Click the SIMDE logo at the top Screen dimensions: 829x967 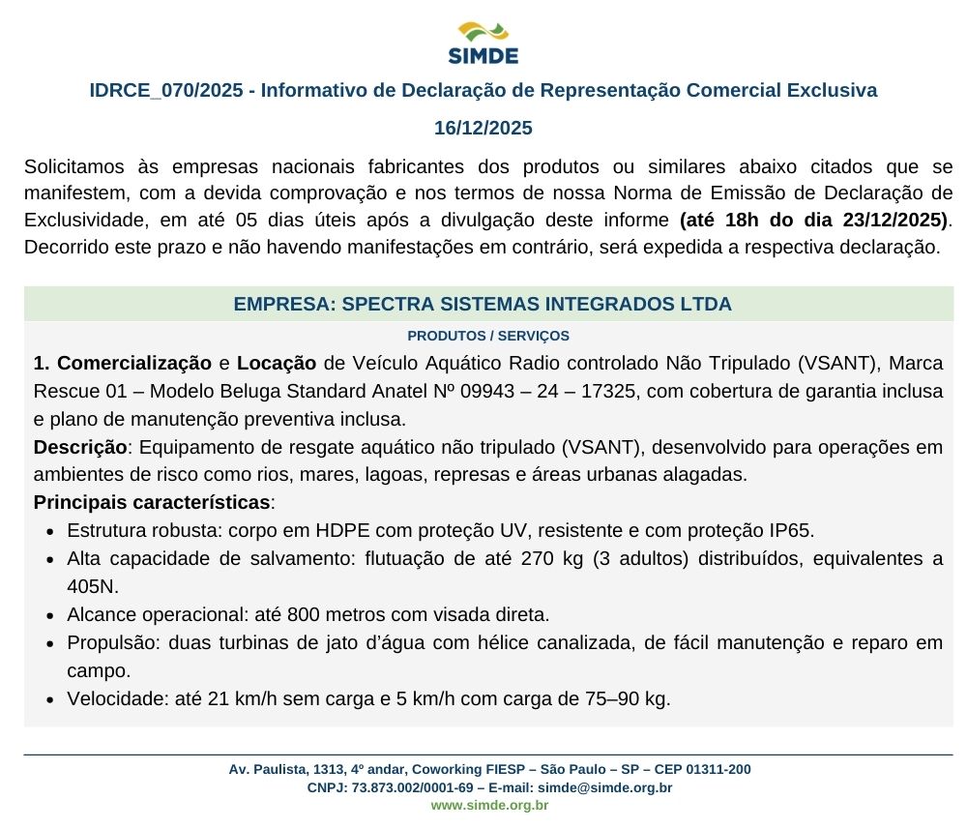(x=483, y=43)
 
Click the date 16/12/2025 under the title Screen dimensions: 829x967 (x=483, y=128)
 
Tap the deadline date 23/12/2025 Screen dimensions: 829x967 (x=895, y=219)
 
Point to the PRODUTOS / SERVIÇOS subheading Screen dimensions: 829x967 (x=488, y=336)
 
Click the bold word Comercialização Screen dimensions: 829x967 (x=134, y=364)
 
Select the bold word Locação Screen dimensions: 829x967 (x=277, y=364)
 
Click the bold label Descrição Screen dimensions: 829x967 (x=80, y=448)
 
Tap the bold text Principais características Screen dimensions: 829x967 (x=152, y=503)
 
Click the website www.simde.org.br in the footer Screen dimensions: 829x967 (x=489, y=805)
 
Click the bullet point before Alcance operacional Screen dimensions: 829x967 (x=50, y=615)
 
